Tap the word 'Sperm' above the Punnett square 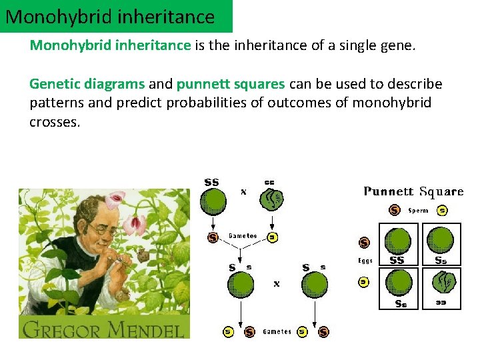418,211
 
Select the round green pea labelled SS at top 213,201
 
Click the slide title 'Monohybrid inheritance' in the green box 111,17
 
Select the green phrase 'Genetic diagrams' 87,84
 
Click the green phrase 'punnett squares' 231,84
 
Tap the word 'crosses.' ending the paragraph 55,123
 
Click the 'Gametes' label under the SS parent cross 243,236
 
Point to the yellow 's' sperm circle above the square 442,211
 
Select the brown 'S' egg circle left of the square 365,243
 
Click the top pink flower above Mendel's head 116,197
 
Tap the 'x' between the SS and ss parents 243,191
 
